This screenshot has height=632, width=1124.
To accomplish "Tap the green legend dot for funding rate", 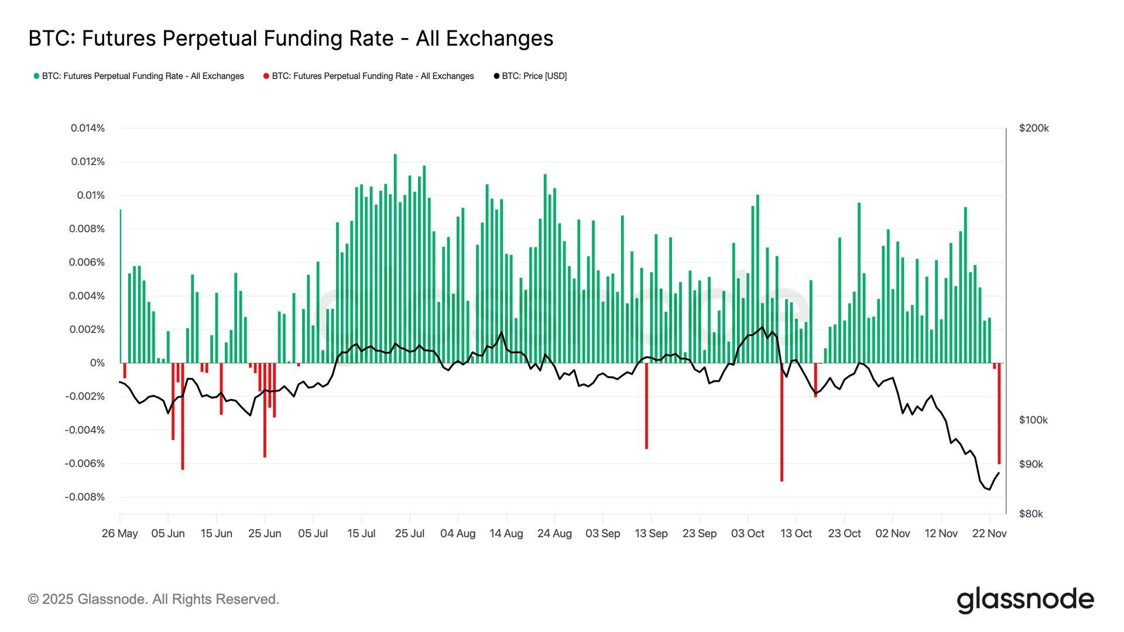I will (x=36, y=76).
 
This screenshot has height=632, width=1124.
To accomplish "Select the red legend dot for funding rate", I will (x=266, y=76).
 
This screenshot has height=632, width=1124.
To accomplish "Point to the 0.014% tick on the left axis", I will (x=88, y=128).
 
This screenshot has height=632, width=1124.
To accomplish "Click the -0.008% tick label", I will (x=85, y=497).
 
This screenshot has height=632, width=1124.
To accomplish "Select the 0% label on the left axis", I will (x=97, y=363).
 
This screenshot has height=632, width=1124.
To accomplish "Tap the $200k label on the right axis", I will (x=1034, y=128).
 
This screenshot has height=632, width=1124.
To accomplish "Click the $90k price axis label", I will (x=1031, y=465).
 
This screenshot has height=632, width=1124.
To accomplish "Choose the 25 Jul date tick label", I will (x=409, y=534).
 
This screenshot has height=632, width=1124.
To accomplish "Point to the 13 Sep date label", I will (x=651, y=534).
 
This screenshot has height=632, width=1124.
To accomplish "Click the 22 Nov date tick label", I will (x=989, y=534).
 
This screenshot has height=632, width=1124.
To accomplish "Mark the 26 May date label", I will (x=119, y=534).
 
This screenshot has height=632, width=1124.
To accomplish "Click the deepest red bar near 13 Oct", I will (x=782, y=421).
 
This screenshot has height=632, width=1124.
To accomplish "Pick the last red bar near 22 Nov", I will (x=999, y=413).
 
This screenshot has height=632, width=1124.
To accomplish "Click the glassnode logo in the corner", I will (x=1025, y=600).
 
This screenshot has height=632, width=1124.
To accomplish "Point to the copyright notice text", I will (x=153, y=599).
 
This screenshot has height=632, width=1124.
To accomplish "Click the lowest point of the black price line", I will (x=989, y=489).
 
